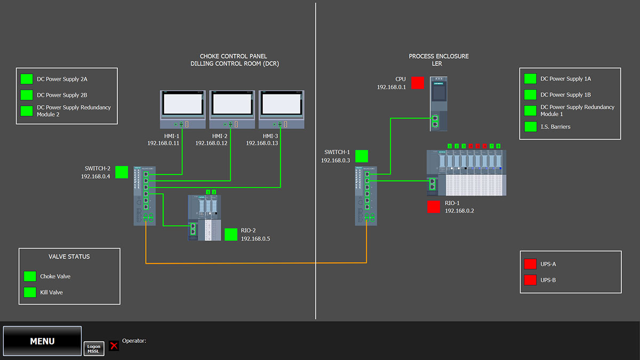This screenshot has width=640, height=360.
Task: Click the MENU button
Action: tap(42, 341)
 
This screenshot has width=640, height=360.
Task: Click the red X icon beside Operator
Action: tap(114, 346)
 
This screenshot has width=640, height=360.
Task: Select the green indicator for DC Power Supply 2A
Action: tap(27, 79)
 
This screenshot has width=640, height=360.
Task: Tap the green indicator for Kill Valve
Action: tap(30, 292)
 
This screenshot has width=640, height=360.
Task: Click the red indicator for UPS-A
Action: tap(530, 264)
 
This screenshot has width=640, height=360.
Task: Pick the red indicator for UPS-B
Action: tap(530, 280)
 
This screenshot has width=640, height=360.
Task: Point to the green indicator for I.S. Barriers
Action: tap(530, 127)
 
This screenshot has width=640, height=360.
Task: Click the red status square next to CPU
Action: tap(418, 83)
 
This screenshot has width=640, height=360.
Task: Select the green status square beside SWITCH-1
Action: tap(362, 156)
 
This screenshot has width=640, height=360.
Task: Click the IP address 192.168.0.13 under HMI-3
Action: tap(262, 143)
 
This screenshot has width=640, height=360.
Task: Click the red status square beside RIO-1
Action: tap(434, 207)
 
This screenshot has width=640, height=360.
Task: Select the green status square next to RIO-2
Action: tap(231, 235)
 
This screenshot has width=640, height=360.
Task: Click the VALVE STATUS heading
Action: tap(69, 257)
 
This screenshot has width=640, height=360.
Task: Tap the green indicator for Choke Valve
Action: tap(30, 276)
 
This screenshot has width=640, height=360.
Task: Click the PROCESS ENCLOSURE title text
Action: tap(439, 56)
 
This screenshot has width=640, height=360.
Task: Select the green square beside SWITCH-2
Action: tap(122, 172)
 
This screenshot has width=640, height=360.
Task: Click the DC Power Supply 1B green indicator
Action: tap(530, 95)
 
